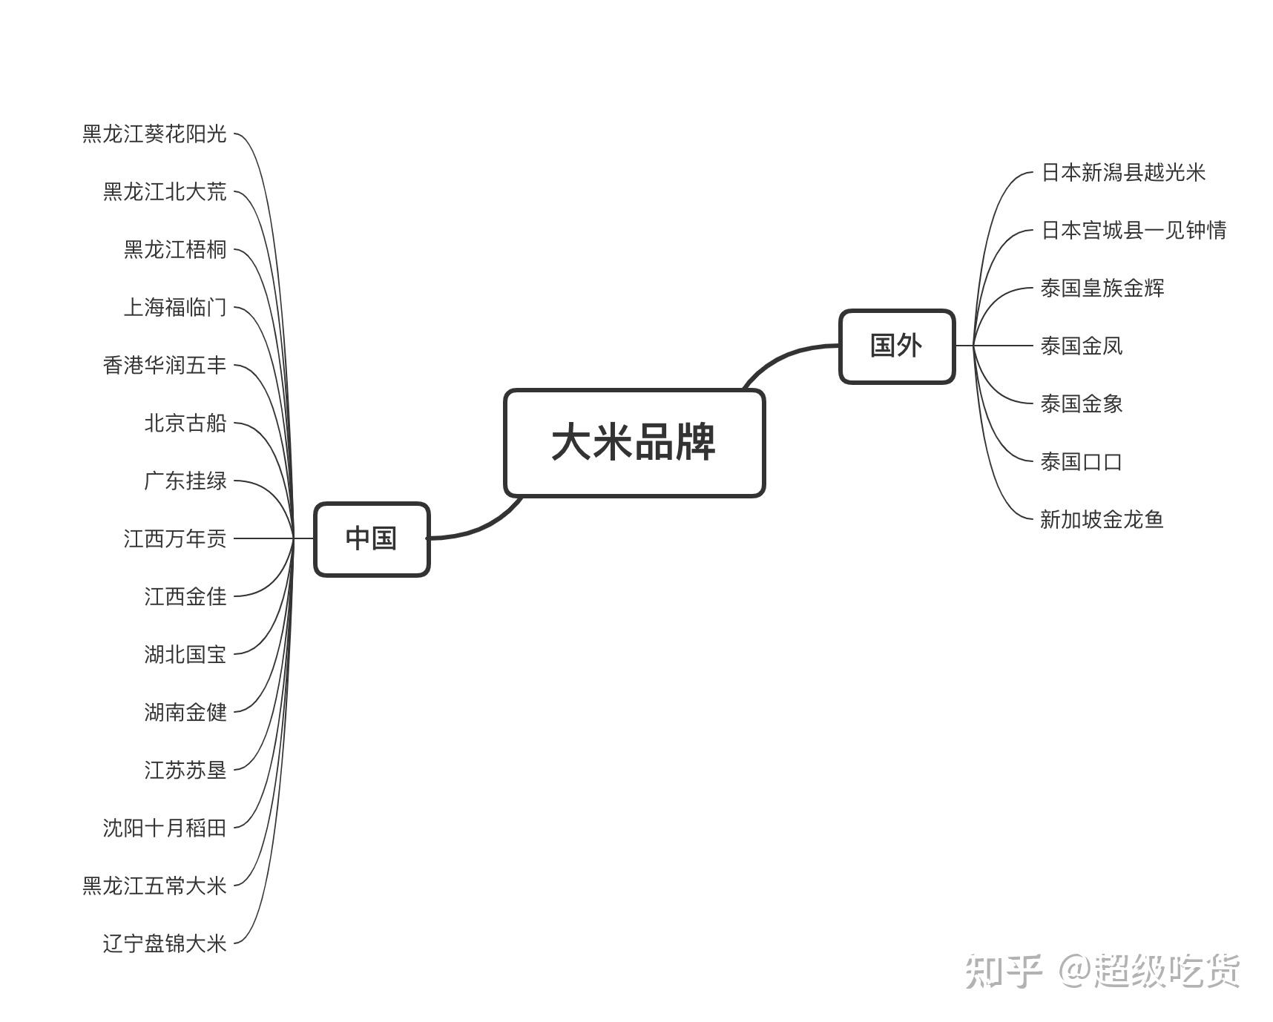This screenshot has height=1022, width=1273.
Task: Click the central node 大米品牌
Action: click(634, 443)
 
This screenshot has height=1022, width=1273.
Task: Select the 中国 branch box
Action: click(371, 538)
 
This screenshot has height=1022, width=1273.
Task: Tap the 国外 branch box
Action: click(896, 346)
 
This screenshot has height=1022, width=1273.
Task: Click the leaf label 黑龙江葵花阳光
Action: click(154, 134)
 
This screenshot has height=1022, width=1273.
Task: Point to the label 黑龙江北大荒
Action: click(165, 192)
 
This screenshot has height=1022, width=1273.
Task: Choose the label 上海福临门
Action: click(175, 307)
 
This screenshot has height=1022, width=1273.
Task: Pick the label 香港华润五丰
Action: click(165, 365)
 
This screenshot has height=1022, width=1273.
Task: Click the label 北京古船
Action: click(185, 423)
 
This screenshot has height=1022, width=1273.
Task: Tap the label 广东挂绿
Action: click(185, 481)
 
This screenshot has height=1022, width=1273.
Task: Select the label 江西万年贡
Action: click(175, 538)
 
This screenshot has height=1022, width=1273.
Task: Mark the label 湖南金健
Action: click(185, 712)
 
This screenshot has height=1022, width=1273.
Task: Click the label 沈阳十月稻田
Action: click(165, 828)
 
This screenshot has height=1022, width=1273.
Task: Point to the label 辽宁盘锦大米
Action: click(165, 943)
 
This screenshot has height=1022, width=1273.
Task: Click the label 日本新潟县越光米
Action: click(1123, 173)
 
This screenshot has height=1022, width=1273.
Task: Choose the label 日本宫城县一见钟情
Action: click(1134, 231)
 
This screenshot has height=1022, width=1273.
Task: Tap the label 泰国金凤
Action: click(1082, 346)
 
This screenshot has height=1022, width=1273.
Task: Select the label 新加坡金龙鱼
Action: click(1102, 519)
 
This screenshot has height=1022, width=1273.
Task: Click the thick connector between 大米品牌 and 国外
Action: click(786, 355)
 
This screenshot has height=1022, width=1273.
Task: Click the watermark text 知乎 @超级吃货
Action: click(1102, 971)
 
